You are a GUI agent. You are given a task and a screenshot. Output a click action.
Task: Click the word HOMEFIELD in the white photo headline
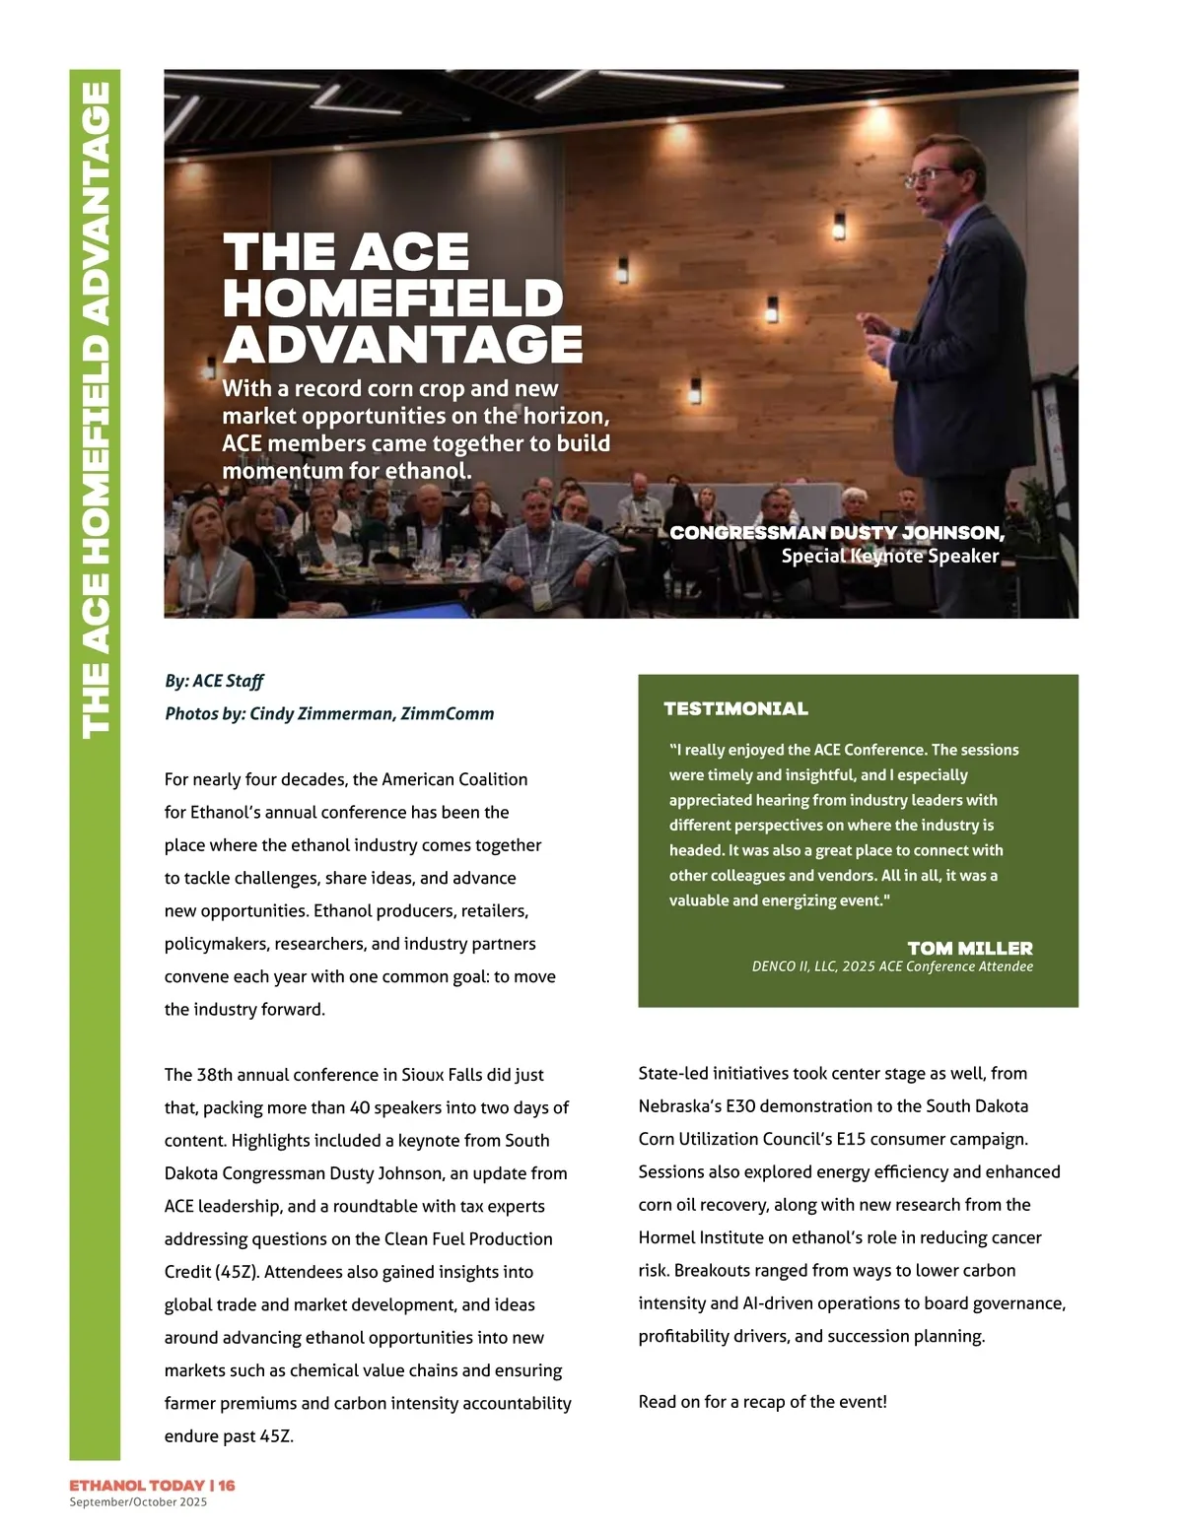(x=392, y=299)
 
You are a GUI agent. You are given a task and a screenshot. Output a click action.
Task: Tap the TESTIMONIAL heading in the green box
(x=735, y=708)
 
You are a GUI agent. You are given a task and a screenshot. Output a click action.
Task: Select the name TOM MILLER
(x=969, y=948)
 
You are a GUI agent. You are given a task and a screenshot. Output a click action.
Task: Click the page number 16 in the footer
(x=227, y=1485)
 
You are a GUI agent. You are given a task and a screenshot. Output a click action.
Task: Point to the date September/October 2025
(x=138, y=1501)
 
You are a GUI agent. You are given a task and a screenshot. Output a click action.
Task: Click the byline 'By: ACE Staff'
(x=214, y=681)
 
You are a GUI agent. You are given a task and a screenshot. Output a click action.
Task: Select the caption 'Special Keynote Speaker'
(x=889, y=556)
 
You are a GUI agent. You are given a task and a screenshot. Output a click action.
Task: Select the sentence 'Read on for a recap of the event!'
(x=762, y=1401)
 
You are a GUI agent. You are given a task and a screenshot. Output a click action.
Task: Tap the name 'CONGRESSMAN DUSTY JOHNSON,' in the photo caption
(x=836, y=533)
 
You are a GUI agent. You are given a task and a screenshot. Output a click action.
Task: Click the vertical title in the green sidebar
(x=95, y=410)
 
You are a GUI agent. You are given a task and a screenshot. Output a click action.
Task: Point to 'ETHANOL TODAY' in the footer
(x=135, y=1485)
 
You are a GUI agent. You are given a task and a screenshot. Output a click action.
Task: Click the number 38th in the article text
(x=215, y=1075)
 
